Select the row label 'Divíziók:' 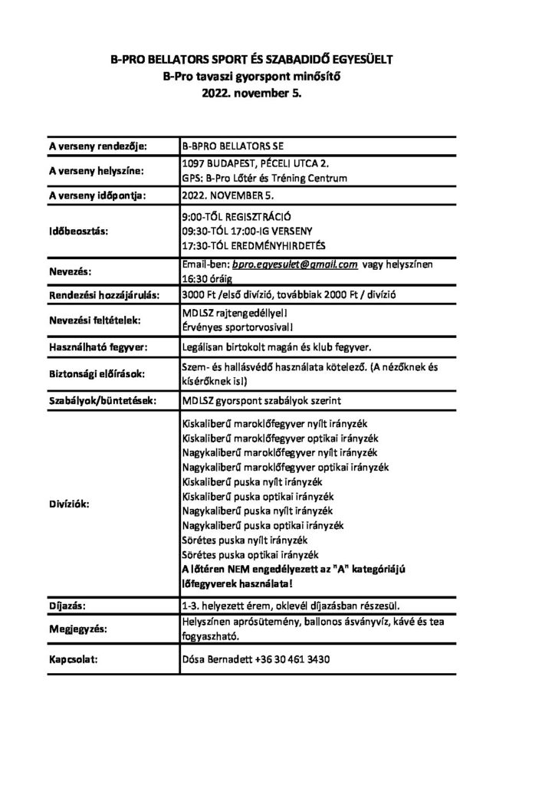point(70,504)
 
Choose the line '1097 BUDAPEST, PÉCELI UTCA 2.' point(257,164)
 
